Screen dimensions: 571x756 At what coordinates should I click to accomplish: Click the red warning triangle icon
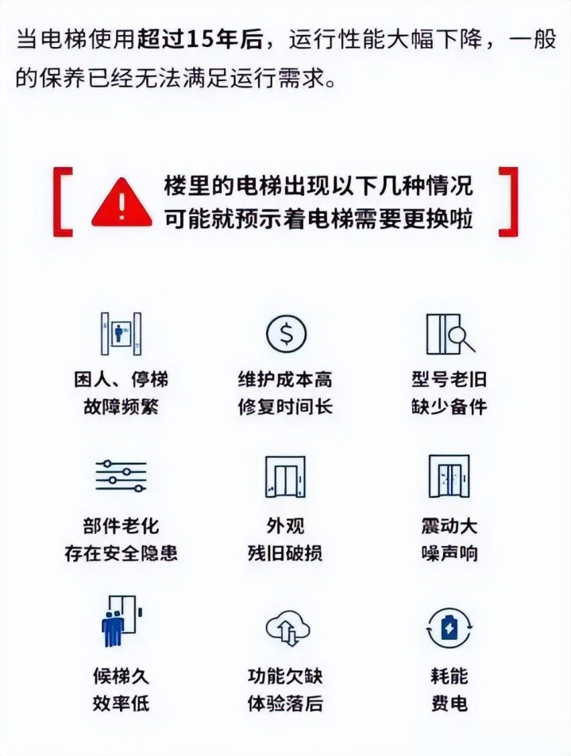click(122, 204)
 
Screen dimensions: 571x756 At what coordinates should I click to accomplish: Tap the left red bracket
click(57, 202)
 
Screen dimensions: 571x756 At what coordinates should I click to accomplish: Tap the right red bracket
click(514, 202)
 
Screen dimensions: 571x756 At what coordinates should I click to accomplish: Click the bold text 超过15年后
click(200, 40)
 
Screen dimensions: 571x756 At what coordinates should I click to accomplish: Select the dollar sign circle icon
click(286, 334)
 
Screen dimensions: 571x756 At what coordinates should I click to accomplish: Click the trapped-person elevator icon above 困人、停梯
click(121, 334)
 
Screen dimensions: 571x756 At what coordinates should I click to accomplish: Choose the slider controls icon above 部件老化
click(121, 476)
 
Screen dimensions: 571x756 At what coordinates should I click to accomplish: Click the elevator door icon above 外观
click(285, 476)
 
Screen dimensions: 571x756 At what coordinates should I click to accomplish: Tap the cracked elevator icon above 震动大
click(449, 476)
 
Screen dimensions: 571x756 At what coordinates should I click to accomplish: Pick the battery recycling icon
click(449, 628)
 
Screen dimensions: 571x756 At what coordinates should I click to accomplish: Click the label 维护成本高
click(285, 380)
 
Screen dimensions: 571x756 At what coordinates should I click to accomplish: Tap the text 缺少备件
click(449, 406)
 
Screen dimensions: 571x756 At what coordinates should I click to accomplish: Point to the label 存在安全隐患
click(121, 553)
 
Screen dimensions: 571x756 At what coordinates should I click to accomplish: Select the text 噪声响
click(449, 553)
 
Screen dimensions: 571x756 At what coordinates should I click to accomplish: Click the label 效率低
click(121, 703)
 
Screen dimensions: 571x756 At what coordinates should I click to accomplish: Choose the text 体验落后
click(285, 703)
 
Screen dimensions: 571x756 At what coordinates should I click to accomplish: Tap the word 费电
click(449, 703)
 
